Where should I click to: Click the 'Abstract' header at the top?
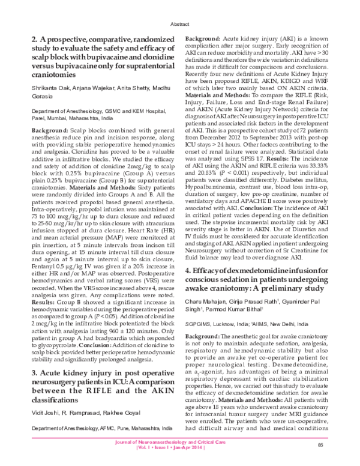pos(179,19)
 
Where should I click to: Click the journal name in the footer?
pos(179,442)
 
